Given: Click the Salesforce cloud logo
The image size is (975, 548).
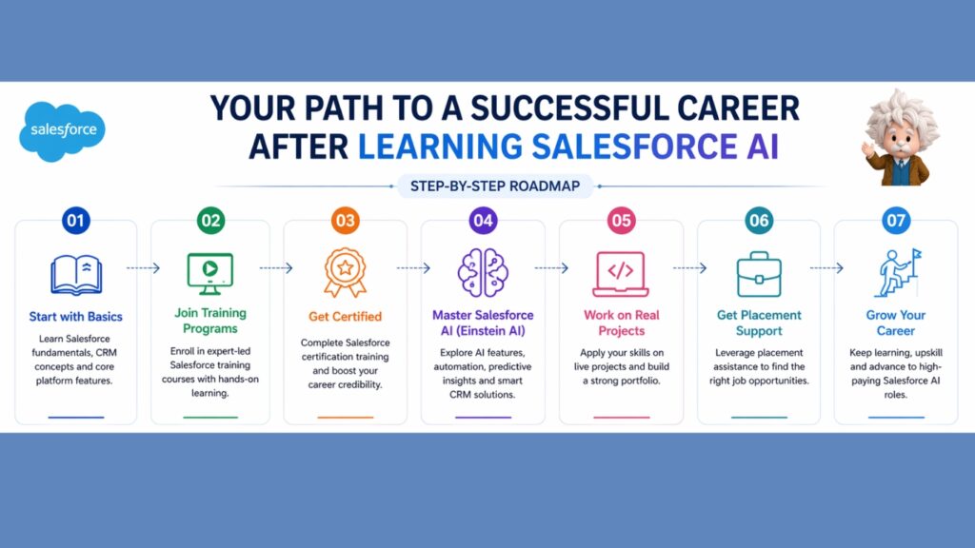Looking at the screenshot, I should tap(63, 129).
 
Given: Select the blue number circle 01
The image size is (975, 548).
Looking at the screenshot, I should tap(75, 221).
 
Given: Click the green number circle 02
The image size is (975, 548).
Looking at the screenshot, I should tap(210, 221).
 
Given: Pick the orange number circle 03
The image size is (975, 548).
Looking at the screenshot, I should tap(345, 221).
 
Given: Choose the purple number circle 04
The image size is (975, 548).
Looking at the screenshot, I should tap(483, 221).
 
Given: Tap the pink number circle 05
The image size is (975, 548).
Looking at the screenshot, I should tap(621, 221).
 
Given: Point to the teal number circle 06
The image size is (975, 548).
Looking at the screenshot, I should tap(759, 221).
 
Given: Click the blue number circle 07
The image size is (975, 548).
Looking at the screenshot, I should tap(895, 221).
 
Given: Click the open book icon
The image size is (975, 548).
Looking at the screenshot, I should tap(75, 274).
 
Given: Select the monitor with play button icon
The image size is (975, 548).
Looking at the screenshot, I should tap(210, 272).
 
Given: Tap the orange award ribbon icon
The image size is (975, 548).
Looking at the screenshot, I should tap(345, 273).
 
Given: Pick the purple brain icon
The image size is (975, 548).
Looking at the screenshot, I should tap(483, 273).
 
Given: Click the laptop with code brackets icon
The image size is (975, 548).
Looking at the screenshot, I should tap(621, 273).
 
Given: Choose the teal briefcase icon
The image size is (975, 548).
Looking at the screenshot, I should tap(759, 273).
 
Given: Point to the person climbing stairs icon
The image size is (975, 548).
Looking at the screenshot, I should tap(895, 273).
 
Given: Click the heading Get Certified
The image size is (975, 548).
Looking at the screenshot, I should tap(345, 317).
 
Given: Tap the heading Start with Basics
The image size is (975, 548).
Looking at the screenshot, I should tap(75, 317).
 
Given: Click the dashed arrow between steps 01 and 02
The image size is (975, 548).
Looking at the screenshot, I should tap(144, 268).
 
